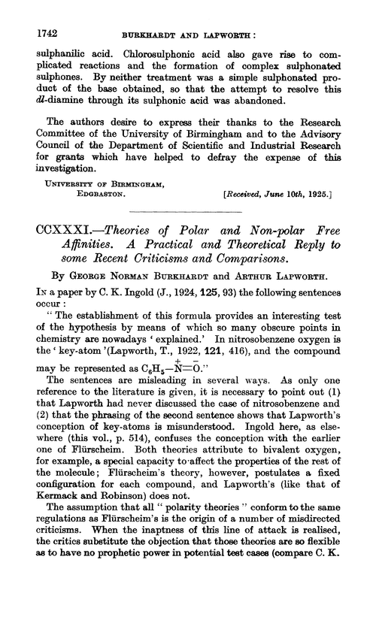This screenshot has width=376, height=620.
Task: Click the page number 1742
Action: click(27, 14)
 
